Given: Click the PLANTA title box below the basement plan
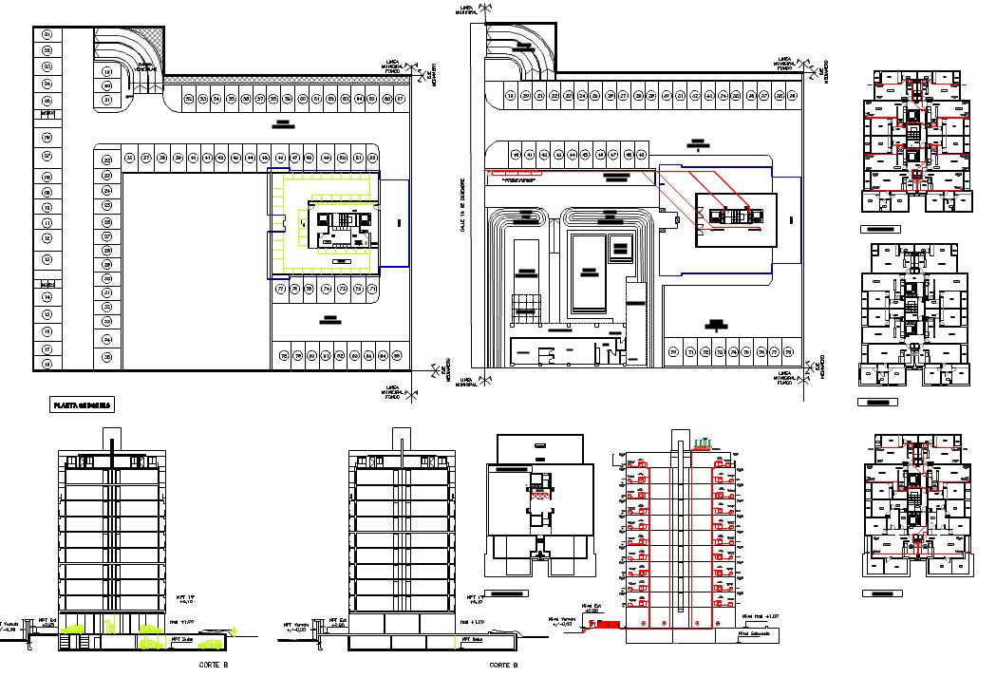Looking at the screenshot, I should pyautogui.click(x=81, y=405).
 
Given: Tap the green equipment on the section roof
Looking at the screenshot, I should pyautogui.click(x=704, y=442).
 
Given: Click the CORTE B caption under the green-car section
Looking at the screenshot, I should pyautogui.click(x=213, y=665).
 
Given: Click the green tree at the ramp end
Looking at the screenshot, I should pyautogui.click(x=229, y=626).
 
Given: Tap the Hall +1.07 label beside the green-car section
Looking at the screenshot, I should pyautogui.click(x=182, y=621).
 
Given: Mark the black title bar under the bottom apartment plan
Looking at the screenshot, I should pyautogui.click(x=881, y=593).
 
